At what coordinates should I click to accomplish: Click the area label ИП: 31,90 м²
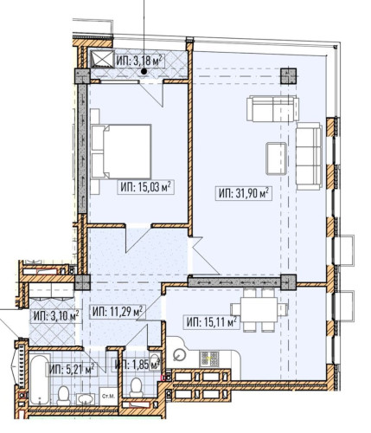pos(245,192)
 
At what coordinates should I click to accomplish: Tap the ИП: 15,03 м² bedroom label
pos(144,184)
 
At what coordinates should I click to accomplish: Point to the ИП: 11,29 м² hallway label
pos(117,311)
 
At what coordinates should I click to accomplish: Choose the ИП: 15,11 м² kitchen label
pos(211,321)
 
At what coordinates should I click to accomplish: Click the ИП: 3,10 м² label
pos(56,315)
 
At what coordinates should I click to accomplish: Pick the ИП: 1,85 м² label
pos(137,365)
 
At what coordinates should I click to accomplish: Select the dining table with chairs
pos(259,307)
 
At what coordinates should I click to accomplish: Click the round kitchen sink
pos(179,353)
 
